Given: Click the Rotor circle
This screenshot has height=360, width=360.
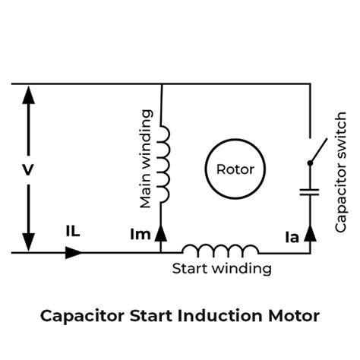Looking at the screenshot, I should pyautogui.click(x=235, y=169).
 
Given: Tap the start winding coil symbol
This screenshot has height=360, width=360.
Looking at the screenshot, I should pyautogui.click(x=220, y=249).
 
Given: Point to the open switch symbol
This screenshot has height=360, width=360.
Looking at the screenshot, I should pyautogui.click(x=315, y=151).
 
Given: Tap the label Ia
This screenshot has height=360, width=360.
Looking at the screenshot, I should pyautogui.click(x=292, y=236).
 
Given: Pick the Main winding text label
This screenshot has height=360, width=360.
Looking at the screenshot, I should pyautogui.click(x=146, y=159).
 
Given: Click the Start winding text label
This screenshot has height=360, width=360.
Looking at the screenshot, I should pyautogui.click(x=222, y=268).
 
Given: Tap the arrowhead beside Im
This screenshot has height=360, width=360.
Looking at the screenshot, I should pyautogui.click(x=161, y=234).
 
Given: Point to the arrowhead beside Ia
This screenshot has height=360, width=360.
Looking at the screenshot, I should pyautogui.click(x=309, y=232).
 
